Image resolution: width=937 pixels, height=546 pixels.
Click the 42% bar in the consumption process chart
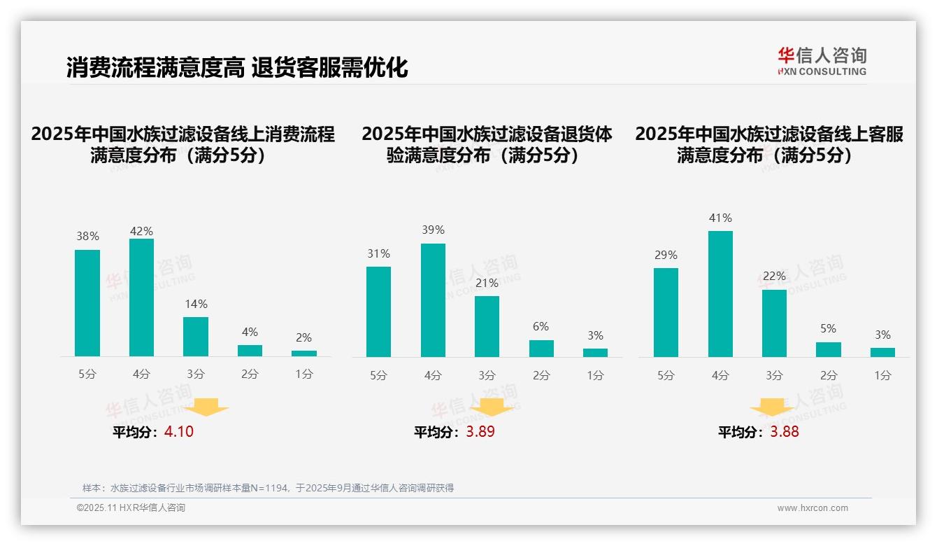pos(141,297)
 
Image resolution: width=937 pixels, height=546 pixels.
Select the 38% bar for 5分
pos(87,303)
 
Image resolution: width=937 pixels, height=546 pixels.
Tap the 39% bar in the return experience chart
pos(433,300)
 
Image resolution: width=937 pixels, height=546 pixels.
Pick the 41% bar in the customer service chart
pos(720,294)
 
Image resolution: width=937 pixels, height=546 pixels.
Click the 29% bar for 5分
pos(666,312)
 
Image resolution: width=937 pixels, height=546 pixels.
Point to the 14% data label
pos(196,304)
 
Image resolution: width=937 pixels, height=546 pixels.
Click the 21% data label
pos(487,283)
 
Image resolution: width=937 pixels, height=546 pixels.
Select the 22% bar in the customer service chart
pos(774,323)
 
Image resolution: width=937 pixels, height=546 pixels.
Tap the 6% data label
pos(541,327)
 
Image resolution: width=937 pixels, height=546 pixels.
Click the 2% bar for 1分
pos(304,353)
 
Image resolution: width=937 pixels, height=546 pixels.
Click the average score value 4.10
pos(179,432)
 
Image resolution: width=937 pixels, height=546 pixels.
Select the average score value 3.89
pos(480,432)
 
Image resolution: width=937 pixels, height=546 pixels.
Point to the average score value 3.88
pos(785,432)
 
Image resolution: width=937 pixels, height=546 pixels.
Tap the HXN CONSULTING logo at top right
pos(822,62)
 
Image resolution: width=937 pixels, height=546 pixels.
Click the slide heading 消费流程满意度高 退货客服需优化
pos(237,68)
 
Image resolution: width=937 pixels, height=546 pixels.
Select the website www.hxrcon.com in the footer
pos(813,508)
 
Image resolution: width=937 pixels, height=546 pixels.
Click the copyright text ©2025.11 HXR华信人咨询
pos(131,508)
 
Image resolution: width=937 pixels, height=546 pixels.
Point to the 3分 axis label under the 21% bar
pos(487,375)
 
